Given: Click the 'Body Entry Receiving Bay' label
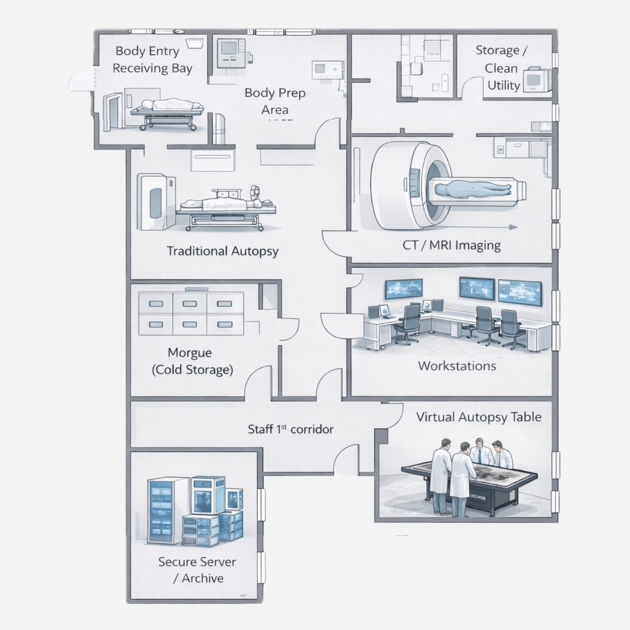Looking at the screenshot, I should [152, 59].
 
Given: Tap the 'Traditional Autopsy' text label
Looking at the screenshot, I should [222, 251].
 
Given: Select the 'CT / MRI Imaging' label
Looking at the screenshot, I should [451, 245].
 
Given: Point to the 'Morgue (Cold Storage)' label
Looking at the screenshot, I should [192, 361].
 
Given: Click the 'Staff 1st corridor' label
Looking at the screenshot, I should [290, 429].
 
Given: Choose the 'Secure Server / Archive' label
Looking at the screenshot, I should [197, 570].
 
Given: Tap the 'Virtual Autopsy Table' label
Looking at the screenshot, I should [478, 417].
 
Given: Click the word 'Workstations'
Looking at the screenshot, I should [457, 366].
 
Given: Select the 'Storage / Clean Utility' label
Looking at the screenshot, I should [501, 68].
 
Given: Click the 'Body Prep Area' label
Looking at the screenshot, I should [275, 101].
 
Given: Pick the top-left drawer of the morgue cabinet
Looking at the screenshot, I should [156, 304].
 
